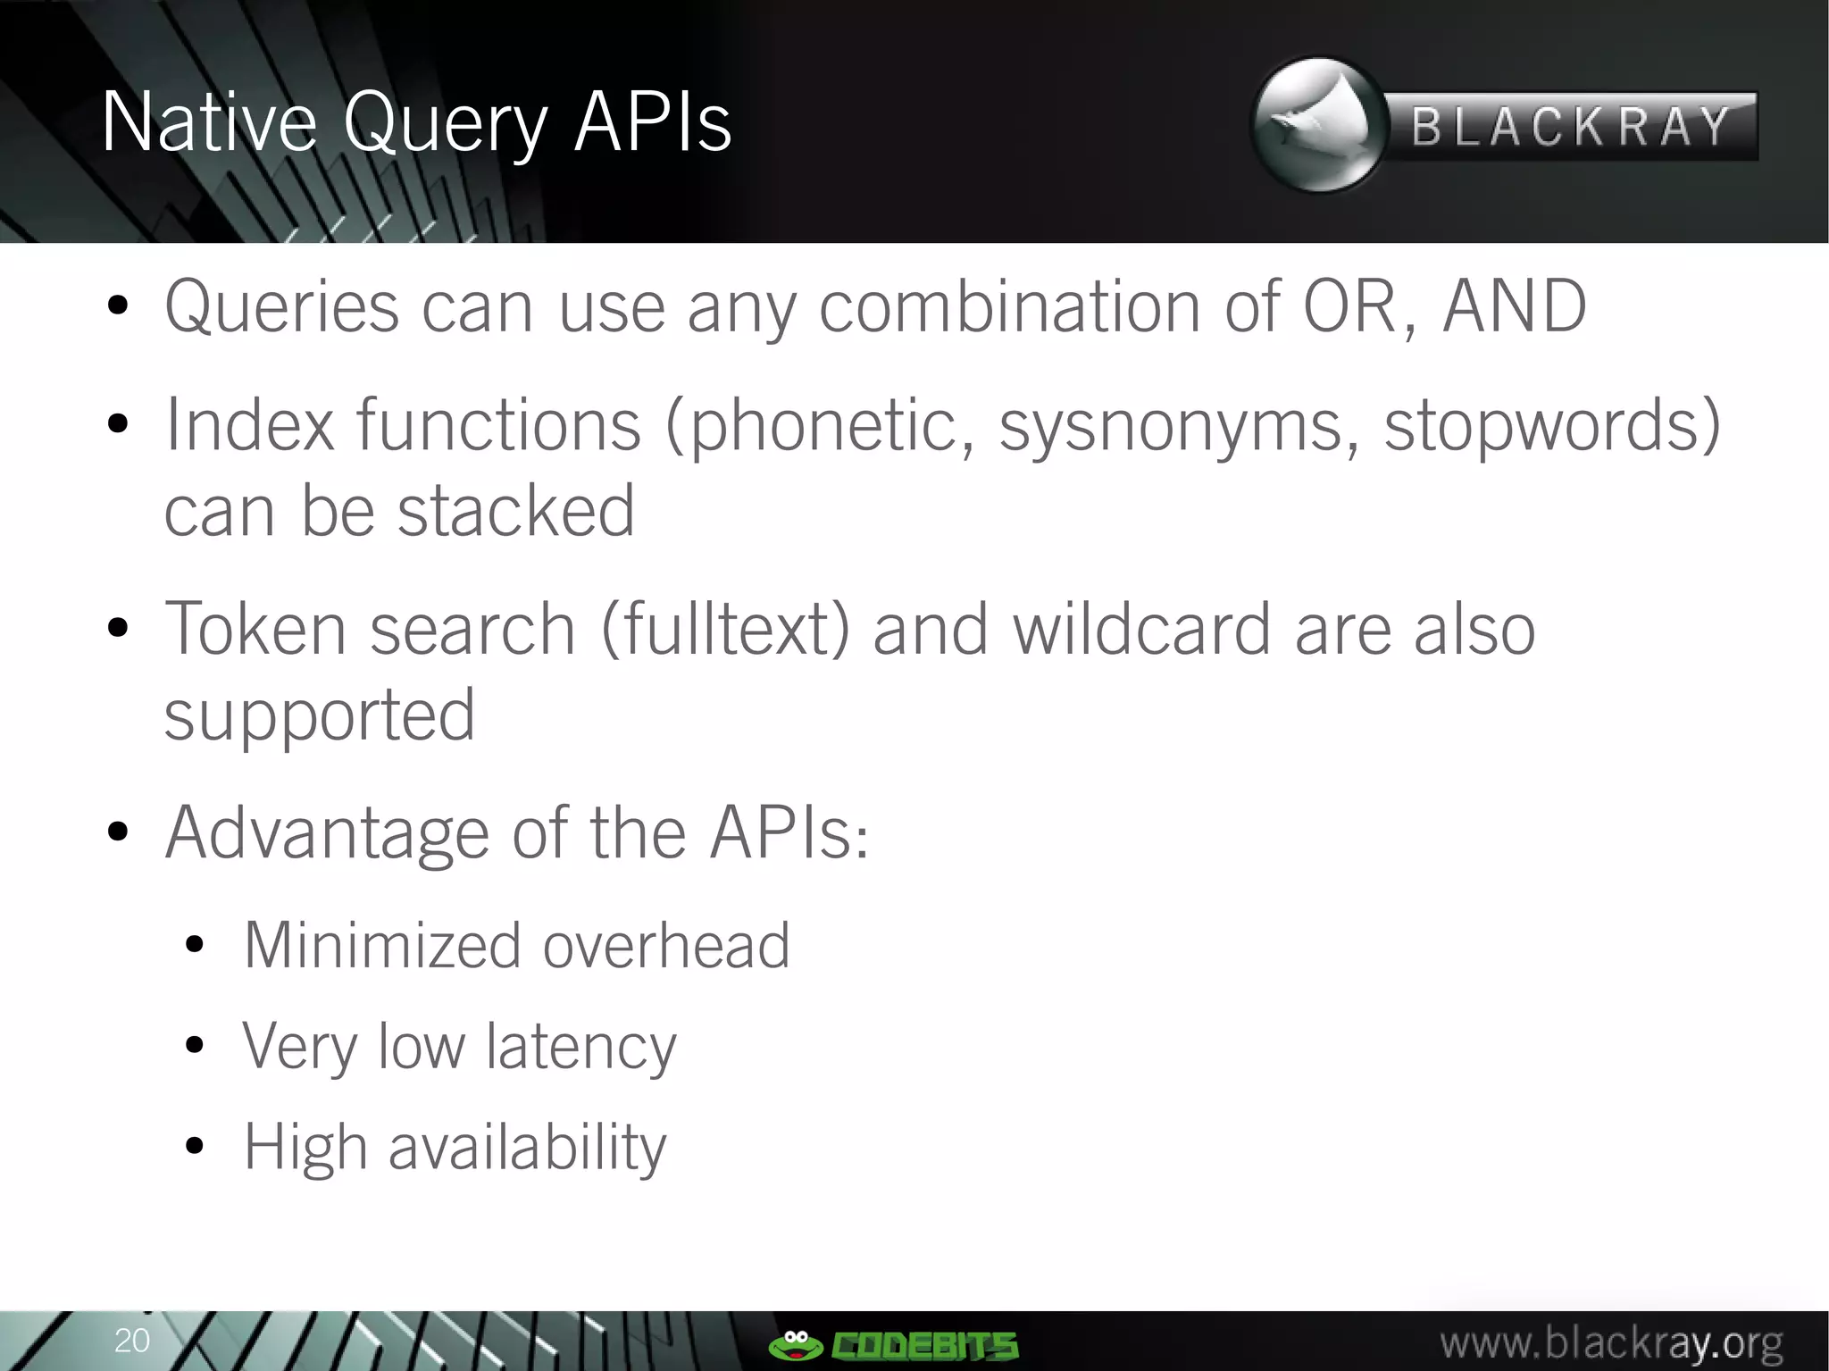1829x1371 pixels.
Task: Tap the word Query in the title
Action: click(x=444, y=125)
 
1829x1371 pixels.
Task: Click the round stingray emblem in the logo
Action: click(x=1319, y=124)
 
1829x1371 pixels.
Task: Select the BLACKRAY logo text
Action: click(x=1571, y=126)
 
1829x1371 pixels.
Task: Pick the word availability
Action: click(x=527, y=1149)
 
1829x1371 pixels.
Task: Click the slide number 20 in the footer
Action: click(x=132, y=1340)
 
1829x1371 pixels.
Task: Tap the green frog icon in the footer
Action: click(x=795, y=1344)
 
